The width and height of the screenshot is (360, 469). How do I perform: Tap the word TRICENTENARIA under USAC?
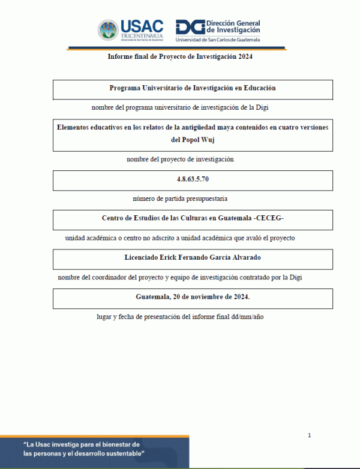[142, 35]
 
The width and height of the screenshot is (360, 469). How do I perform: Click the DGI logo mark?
[189, 27]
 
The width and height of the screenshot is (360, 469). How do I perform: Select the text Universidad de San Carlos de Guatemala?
[218, 40]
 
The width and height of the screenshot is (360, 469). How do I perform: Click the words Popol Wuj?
[193, 140]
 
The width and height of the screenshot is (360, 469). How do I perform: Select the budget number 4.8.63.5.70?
[193, 179]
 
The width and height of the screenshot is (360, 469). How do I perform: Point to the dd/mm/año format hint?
[247, 316]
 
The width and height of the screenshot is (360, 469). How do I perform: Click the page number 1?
[309, 435]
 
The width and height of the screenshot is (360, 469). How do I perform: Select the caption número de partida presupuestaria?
[180, 199]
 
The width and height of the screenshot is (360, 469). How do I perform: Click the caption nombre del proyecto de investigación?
[180, 160]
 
